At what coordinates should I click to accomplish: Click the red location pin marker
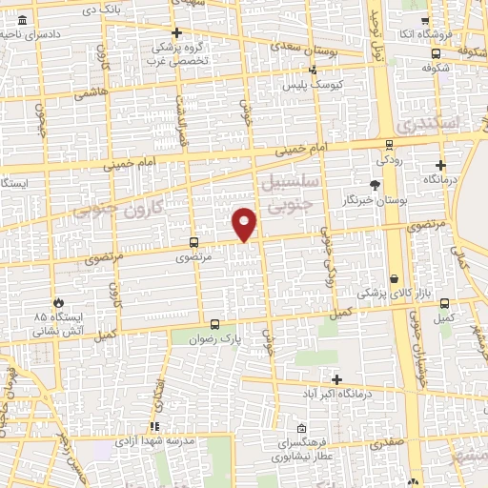(245, 223)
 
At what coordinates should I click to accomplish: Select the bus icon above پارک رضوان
(214, 323)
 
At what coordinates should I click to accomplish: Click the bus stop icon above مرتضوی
(193, 243)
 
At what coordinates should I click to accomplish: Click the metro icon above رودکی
(388, 145)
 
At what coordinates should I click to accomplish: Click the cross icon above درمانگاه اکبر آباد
(336, 378)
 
